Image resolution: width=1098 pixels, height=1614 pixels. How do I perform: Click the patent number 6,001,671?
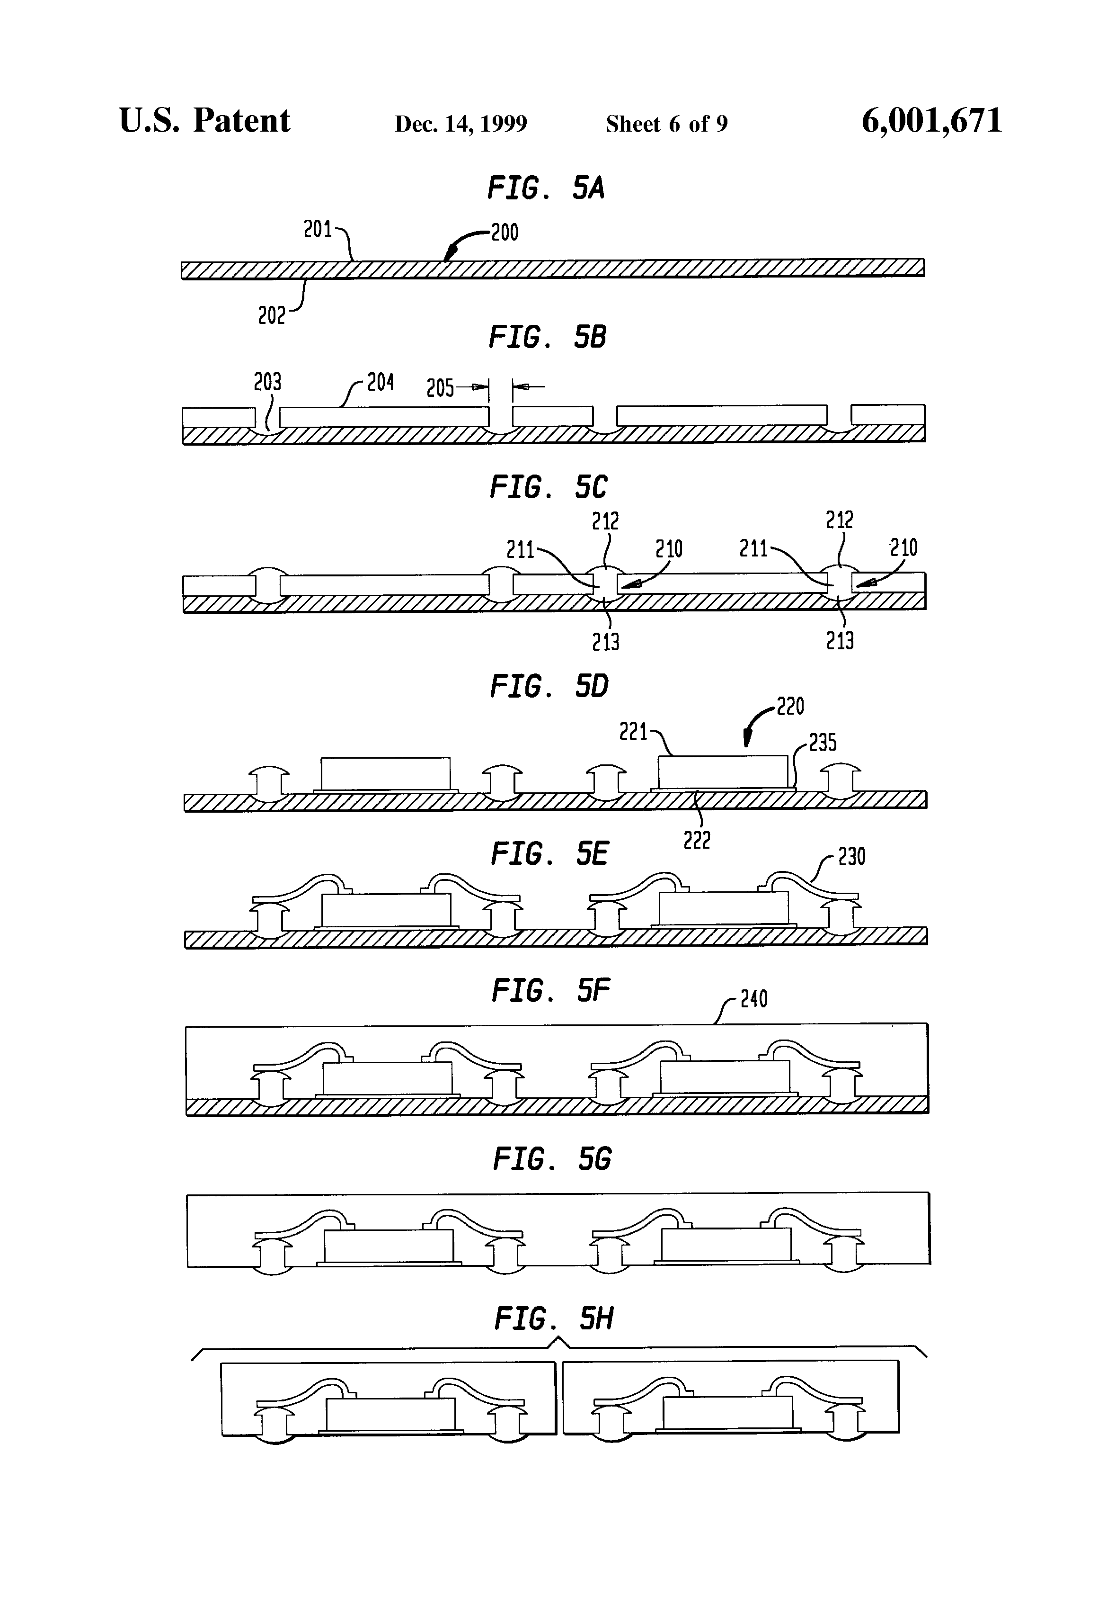[x=931, y=121]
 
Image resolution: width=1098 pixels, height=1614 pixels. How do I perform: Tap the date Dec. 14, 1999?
[x=461, y=124]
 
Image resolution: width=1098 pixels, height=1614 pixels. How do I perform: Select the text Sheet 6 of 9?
[x=666, y=124]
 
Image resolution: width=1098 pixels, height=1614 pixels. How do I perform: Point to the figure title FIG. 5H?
[x=553, y=1318]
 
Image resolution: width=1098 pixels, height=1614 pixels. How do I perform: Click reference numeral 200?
[x=505, y=232]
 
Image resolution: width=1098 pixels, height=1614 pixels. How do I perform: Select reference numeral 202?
[x=271, y=316]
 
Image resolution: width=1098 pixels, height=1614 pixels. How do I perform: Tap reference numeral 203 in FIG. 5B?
[x=267, y=382]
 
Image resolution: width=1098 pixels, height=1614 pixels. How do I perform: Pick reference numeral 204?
[x=381, y=382]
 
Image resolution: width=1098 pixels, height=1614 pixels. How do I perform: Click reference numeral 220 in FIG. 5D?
[x=790, y=707]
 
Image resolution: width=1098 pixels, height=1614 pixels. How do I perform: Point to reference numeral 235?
[x=823, y=743]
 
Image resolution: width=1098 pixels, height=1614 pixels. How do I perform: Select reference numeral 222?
[x=697, y=841]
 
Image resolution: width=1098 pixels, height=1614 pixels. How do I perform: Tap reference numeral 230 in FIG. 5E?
[x=851, y=857]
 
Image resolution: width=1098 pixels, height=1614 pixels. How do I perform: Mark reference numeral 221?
[x=633, y=731]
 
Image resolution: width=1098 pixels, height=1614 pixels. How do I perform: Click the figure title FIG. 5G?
[x=552, y=1159]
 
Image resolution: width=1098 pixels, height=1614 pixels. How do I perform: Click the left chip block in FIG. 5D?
[x=385, y=773]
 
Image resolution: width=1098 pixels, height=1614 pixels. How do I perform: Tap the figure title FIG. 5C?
[x=549, y=487]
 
